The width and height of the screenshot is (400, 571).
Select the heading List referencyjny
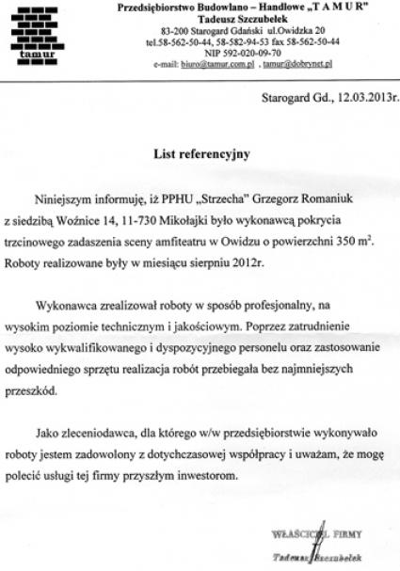[200, 153]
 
